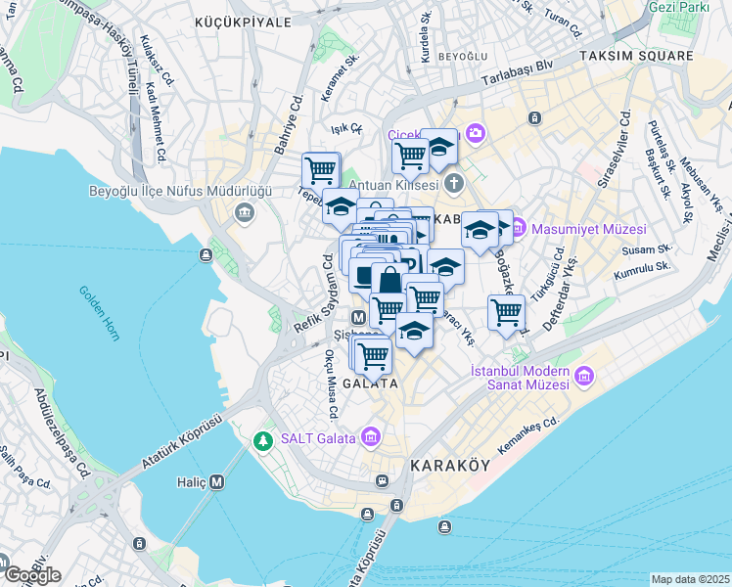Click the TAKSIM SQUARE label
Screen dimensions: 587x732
pos(634,57)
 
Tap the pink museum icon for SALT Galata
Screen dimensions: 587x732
pos(371,436)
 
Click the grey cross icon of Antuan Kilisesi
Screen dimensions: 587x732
pos(453,183)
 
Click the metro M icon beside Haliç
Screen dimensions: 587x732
pos(216,481)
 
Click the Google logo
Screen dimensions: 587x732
pos(31,575)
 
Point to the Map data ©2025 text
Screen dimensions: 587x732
pos(690,579)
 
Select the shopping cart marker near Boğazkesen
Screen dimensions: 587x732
pos(506,313)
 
